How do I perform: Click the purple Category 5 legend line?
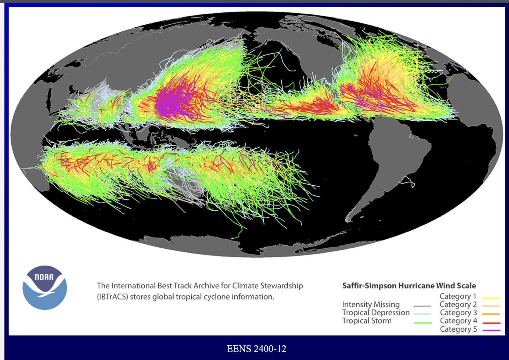click(491, 330)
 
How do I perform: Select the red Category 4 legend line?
click(491, 323)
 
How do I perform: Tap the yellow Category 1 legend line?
click(491, 298)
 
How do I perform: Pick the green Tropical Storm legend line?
click(423, 323)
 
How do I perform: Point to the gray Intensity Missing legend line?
click(422, 306)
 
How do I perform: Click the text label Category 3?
click(458, 313)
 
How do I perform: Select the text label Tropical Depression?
click(376, 313)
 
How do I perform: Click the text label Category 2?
click(458, 304)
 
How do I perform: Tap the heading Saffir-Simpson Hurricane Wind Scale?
click(409, 285)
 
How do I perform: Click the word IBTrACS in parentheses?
click(112, 297)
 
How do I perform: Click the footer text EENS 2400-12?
click(256, 349)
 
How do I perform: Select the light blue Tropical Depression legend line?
click(422, 314)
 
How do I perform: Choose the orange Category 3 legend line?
click(491, 314)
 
